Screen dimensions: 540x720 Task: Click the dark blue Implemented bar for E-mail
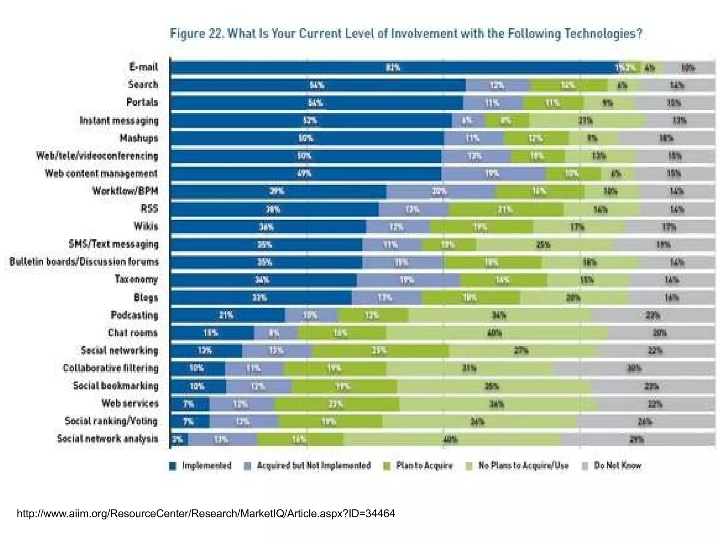point(394,67)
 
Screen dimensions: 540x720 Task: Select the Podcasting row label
point(134,315)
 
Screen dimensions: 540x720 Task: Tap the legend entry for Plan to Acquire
point(418,466)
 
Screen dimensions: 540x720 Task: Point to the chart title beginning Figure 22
point(406,34)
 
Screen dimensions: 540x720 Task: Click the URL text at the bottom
point(206,514)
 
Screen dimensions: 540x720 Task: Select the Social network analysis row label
point(107,439)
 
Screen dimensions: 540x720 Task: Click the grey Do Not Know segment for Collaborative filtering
point(635,369)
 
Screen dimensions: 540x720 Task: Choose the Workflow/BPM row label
point(125,191)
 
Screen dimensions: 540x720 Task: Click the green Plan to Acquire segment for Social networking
point(380,351)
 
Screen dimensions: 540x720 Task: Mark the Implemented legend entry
point(200,466)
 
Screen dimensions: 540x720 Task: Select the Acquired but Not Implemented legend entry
point(308,466)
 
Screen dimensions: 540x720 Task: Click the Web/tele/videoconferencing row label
point(97,156)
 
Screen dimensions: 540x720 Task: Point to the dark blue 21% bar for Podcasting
point(227,315)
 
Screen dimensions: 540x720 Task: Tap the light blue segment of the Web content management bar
point(492,174)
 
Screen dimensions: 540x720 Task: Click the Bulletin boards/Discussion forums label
point(84,262)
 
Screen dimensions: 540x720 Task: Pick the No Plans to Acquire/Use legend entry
point(517,466)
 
